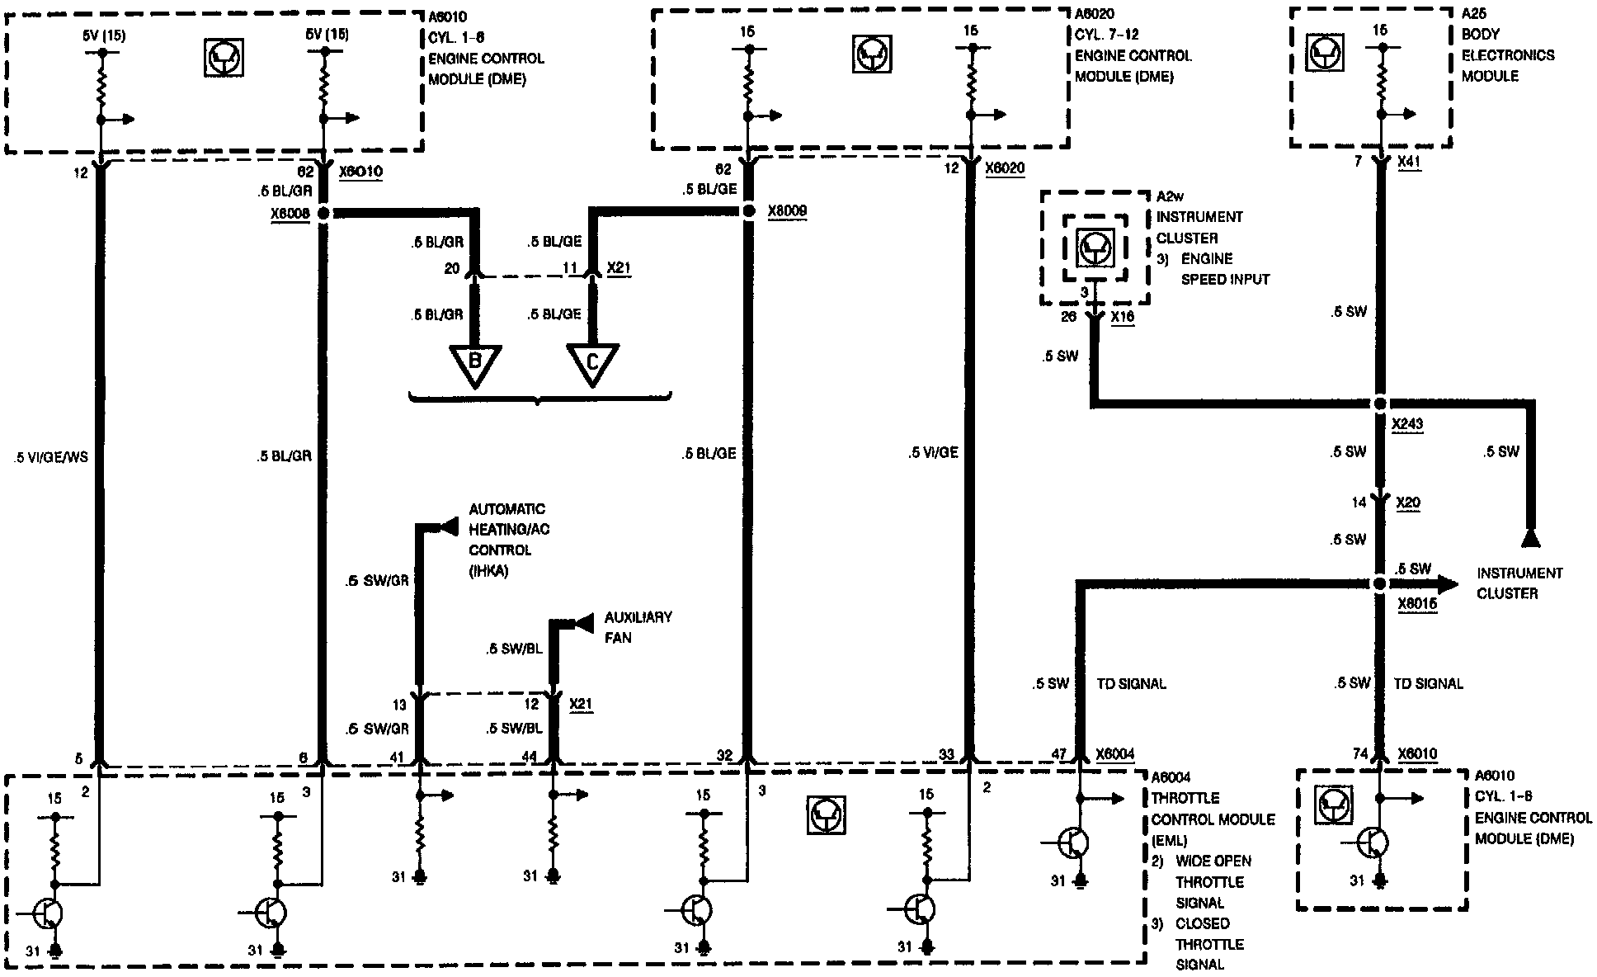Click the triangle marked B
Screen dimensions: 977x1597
(475, 363)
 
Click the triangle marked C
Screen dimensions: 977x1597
(592, 363)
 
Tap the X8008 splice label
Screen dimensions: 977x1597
(290, 213)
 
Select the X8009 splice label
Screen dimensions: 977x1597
(787, 211)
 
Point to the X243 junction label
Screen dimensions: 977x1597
(1406, 425)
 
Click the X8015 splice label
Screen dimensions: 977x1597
(1417, 604)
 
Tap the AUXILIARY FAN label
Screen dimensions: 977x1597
(637, 627)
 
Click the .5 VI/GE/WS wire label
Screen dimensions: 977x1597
(51, 456)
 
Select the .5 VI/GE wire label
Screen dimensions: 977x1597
(933, 452)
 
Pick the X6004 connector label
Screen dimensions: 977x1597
(1114, 754)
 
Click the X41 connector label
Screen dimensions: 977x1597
(1409, 163)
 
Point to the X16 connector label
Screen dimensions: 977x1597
(1122, 317)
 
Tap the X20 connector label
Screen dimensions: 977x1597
(1408, 503)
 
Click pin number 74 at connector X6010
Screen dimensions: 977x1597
(1360, 754)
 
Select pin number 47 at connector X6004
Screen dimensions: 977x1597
(1059, 754)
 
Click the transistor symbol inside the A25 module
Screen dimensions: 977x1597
(1326, 54)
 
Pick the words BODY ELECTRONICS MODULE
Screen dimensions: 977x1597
(1496, 55)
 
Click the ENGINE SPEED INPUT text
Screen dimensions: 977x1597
(1224, 269)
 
